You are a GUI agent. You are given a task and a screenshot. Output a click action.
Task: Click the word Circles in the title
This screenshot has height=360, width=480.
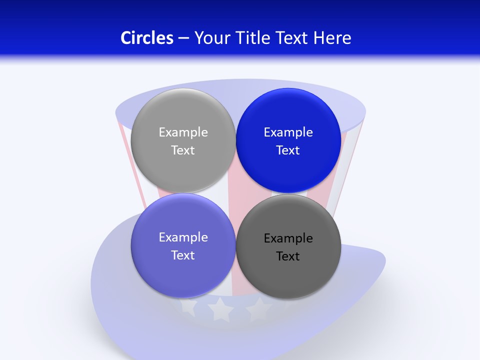pos(147,38)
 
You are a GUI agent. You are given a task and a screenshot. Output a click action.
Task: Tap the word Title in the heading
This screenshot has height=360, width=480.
pos(255,38)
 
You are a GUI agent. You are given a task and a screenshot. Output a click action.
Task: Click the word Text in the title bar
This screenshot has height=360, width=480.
pos(293,38)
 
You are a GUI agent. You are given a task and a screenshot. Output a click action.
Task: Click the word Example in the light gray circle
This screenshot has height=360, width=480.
pos(183,132)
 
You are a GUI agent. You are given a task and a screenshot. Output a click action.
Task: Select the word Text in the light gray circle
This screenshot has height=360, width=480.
pos(183,150)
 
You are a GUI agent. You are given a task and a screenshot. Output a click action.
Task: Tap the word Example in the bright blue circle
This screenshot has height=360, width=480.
pos(288,132)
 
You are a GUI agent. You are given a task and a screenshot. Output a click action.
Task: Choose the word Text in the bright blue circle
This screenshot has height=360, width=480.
pos(288,150)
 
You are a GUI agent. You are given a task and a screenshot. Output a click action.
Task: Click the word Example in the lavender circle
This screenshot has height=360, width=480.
pos(183,237)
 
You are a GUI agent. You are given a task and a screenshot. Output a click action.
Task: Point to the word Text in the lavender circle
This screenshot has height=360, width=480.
pos(183,255)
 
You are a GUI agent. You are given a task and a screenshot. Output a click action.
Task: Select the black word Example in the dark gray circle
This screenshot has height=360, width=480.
pos(288,238)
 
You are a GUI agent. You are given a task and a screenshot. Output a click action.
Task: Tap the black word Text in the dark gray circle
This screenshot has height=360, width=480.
pos(288,256)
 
